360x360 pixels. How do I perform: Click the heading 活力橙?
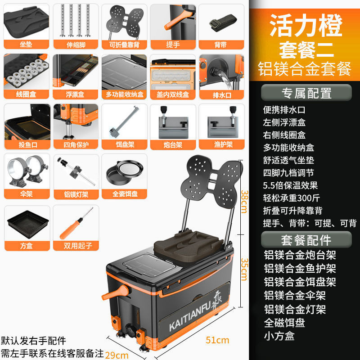click(306, 27)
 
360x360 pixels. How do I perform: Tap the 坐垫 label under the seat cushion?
click(26, 44)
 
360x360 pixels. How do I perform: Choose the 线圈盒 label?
click(26, 94)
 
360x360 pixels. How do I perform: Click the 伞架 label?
click(26, 195)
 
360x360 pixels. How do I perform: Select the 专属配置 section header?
click(306, 93)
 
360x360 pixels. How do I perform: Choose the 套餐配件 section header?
click(306, 239)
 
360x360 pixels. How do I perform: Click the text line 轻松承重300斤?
click(291, 198)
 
